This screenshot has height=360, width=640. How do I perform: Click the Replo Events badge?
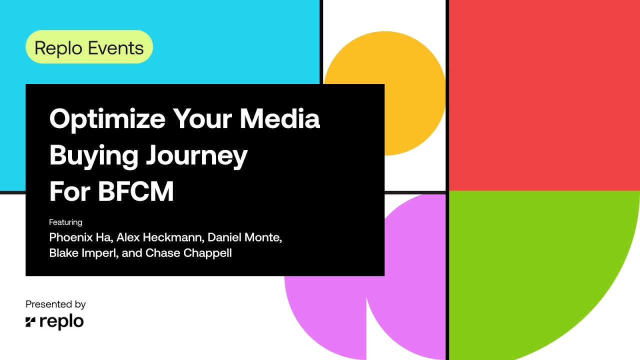(x=89, y=47)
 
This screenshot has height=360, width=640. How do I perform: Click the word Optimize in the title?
(x=107, y=119)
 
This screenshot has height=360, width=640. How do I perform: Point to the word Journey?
(x=196, y=155)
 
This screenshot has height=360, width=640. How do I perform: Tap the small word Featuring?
(x=65, y=222)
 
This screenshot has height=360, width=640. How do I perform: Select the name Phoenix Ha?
(x=76, y=237)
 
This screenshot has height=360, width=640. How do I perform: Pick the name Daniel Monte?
(x=244, y=237)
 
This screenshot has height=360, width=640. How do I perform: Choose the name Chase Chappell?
(x=188, y=253)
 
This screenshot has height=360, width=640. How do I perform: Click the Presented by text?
(x=55, y=304)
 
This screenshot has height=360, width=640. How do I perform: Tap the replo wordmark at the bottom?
(x=61, y=322)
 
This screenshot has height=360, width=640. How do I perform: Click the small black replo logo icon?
(x=30, y=322)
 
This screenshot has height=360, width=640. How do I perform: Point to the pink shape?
(x=330, y=310)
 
